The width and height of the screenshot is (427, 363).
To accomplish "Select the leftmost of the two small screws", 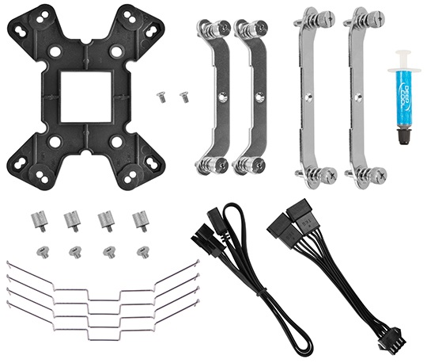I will (162, 97).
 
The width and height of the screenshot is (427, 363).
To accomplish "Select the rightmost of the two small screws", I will (184, 97).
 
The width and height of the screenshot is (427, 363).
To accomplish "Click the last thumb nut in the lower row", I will (142, 251).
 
